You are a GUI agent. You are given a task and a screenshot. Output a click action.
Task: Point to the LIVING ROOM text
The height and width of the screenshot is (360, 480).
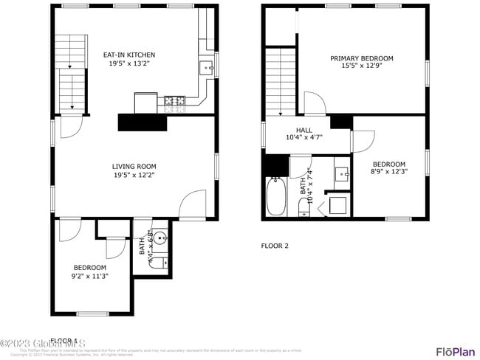(x=134, y=167)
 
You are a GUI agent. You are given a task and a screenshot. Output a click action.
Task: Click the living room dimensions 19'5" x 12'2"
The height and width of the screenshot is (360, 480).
(x=134, y=176)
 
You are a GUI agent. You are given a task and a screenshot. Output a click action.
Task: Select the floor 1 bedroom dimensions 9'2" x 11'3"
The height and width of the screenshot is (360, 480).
(x=89, y=276)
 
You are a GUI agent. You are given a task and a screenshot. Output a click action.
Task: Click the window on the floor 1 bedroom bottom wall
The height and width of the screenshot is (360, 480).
(x=92, y=314)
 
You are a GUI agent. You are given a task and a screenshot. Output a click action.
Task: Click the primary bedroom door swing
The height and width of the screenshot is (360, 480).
(x=313, y=103)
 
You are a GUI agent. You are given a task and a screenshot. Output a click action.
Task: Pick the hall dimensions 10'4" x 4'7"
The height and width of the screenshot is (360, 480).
(x=304, y=137)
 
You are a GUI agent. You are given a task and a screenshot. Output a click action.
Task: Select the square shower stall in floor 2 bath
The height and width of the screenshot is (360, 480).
(x=338, y=204)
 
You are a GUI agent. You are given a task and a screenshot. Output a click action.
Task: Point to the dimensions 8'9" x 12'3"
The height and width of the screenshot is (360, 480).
(x=389, y=172)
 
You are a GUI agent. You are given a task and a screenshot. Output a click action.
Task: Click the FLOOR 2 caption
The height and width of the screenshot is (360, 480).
(x=275, y=246)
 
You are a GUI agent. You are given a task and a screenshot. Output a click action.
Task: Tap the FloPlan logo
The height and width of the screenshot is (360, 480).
(x=455, y=351)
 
